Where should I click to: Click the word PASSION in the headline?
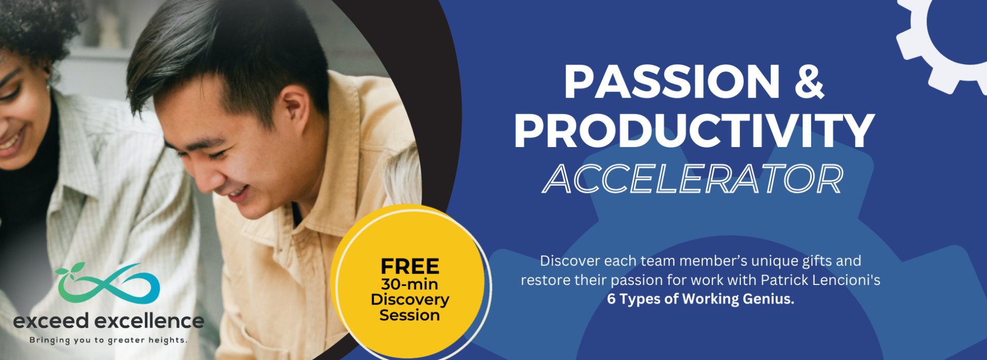[672, 81]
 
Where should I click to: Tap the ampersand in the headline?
[810, 81]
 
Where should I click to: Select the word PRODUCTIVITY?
[694, 131]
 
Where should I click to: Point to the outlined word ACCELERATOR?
[693, 179]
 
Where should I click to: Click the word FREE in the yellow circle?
[410, 266]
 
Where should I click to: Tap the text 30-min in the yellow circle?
[410, 284]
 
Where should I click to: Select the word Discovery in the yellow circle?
[410, 300]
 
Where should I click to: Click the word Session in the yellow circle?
[410, 315]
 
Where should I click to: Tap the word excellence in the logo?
[150, 321]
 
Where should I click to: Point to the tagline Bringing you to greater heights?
[108, 340]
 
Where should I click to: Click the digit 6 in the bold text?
[611, 299]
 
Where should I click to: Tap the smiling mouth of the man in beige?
[237, 193]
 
